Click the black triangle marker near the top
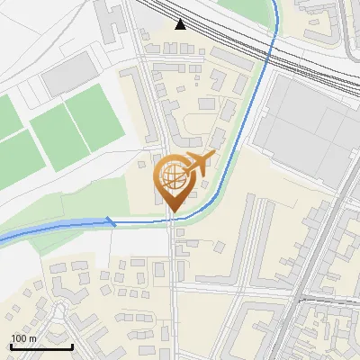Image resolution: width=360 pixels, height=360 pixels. [182, 24]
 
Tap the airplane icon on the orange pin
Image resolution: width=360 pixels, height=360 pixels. [199, 163]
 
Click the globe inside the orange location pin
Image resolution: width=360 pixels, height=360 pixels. [172, 177]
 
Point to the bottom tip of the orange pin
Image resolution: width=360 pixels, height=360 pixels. [173, 213]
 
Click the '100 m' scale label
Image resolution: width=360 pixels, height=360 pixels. [23, 338]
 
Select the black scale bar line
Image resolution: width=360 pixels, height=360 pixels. [41, 346]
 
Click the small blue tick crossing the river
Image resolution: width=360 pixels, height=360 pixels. [111, 220]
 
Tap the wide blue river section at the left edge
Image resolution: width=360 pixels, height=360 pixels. [13, 236]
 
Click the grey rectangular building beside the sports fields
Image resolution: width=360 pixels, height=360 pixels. [67, 72]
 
